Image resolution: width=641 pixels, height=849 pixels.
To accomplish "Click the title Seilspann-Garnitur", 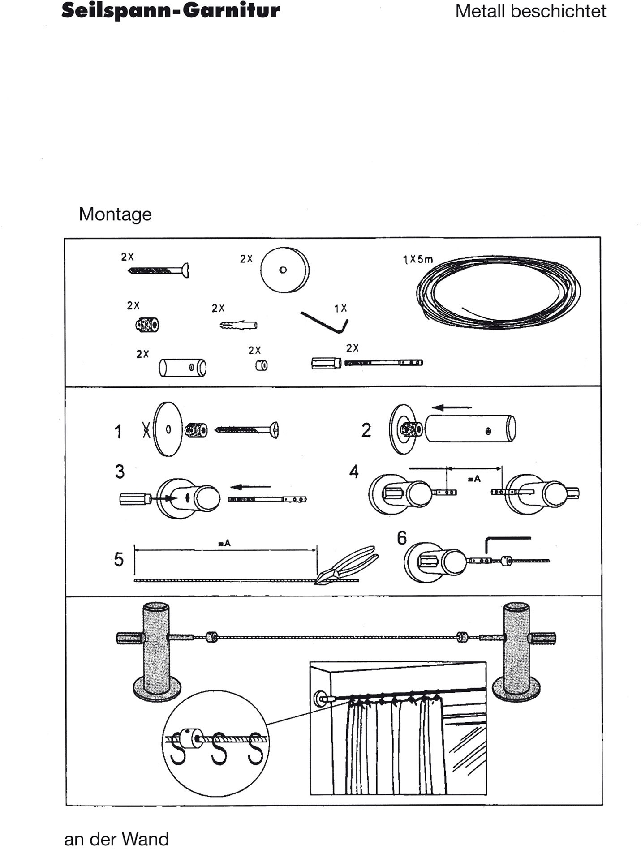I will tap(170, 11).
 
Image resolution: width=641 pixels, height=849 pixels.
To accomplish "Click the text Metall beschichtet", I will tap(530, 11).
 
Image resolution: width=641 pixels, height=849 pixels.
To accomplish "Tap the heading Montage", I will tap(115, 214).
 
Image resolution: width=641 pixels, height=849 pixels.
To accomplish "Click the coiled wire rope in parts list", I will tap(498, 292).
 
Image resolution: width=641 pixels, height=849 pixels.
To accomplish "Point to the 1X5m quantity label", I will tap(418, 259).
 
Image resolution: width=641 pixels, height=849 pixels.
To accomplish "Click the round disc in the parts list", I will tap(285, 270).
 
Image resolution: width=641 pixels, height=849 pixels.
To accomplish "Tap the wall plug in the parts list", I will tap(239, 325).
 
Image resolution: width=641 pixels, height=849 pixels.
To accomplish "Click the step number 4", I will tap(354, 472).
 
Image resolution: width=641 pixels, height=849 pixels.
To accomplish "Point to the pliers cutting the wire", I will tap(347, 565).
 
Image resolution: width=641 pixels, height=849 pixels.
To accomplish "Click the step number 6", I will tap(402, 538).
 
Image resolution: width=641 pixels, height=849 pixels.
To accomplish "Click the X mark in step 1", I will tap(146, 430).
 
